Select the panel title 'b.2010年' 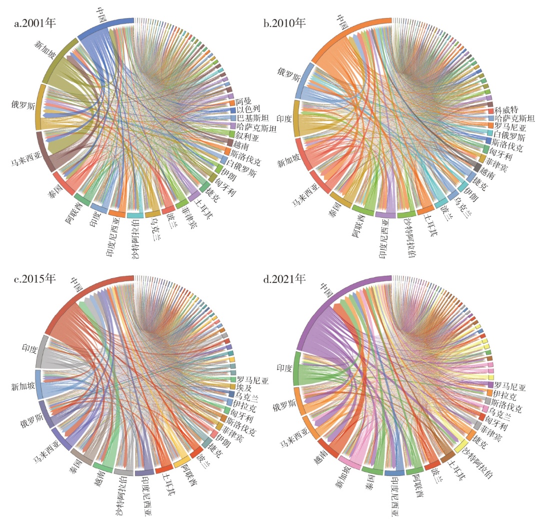pyautogui.click(x=285, y=23)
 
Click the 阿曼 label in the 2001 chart pyautogui.click(x=244, y=102)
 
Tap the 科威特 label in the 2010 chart pyautogui.click(x=506, y=110)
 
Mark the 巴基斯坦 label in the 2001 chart pyautogui.click(x=252, y=118)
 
